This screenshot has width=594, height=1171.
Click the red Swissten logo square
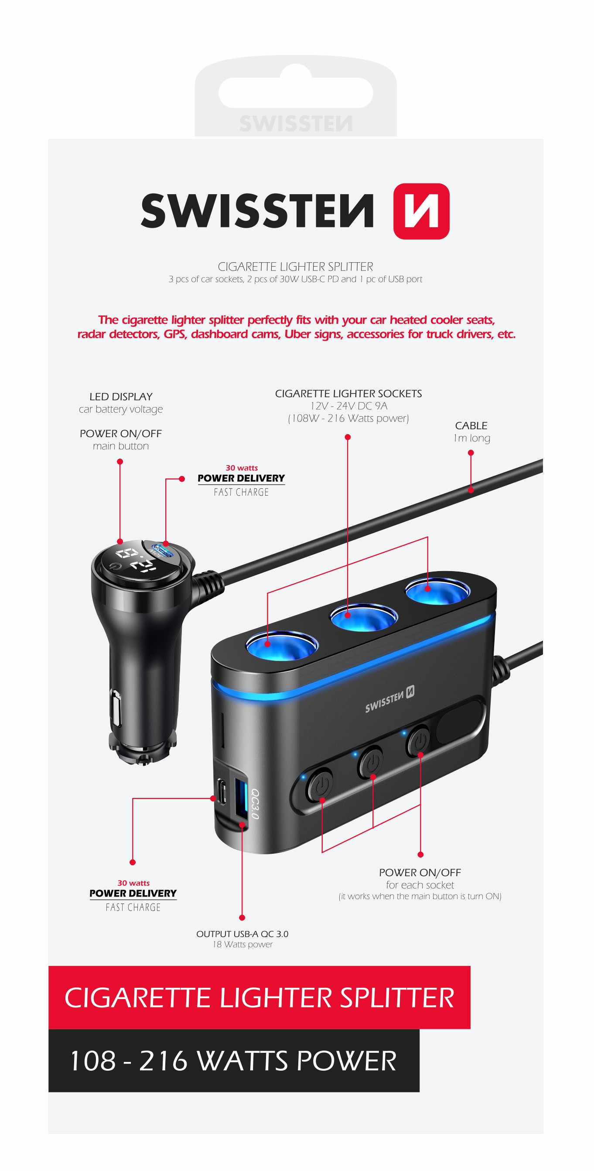(x=421, y=211)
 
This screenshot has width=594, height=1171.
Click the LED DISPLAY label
(x=121, y=397)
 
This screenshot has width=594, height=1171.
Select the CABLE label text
(x=471, y=425)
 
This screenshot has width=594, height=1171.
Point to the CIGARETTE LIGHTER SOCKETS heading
(x=348, y=394)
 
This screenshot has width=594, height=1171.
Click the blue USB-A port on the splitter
(x=241, y=799)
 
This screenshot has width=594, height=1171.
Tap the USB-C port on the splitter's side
(x=222, y=792)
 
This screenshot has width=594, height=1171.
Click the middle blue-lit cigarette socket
(x=364, y=617)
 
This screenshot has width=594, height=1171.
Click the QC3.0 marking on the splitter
(x=255, y=804)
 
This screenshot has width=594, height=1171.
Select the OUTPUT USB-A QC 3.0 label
(x=242, y=934)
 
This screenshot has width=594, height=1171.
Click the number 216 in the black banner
(x=163, y=1061)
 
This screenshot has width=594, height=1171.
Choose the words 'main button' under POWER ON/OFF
(x=121, y=446)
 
